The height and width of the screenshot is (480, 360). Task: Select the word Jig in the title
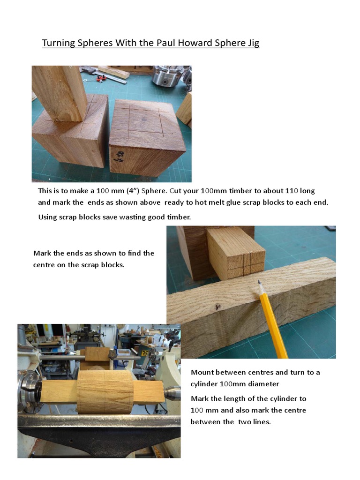tap(252, 43)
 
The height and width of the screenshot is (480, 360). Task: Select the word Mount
tap(202, 373)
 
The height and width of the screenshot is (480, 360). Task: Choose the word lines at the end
tap(261, 422)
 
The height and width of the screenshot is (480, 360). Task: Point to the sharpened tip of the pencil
tap(259, 282)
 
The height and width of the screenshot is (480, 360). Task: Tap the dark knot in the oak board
tap(217, 307)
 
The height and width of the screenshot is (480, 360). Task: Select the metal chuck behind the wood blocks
tap(166, 75)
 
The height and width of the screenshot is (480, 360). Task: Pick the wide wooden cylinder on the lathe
tap(105, 391)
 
